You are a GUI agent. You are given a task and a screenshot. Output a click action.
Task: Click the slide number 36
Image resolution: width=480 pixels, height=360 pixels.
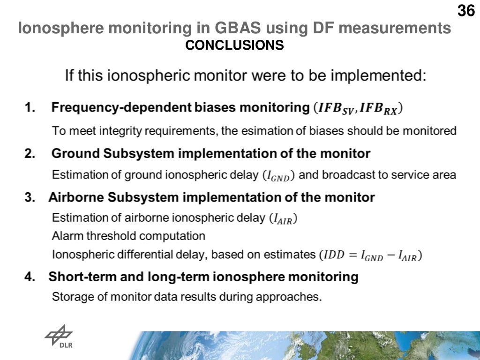tap(465, 10)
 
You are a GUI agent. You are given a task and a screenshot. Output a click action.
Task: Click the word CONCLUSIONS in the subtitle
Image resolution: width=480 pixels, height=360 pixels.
tap(234, 45)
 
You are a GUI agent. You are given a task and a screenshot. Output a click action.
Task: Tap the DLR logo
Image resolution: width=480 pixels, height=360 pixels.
tap(59, 337)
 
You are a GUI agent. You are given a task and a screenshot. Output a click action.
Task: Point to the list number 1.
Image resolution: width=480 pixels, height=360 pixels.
tap(30, 107)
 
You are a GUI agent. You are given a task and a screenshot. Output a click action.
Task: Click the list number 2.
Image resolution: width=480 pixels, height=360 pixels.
tap(30, 153)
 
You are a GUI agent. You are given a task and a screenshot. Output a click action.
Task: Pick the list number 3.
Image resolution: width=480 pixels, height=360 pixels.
tap(30, 197)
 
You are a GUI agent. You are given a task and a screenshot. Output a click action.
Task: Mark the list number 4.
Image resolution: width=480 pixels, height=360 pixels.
tap(30, 277)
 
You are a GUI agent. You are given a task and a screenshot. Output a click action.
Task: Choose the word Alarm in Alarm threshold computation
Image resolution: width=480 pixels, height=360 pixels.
tap(65, 235)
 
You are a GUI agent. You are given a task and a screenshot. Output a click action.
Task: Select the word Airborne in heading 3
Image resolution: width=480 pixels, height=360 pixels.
tap(76, 197)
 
